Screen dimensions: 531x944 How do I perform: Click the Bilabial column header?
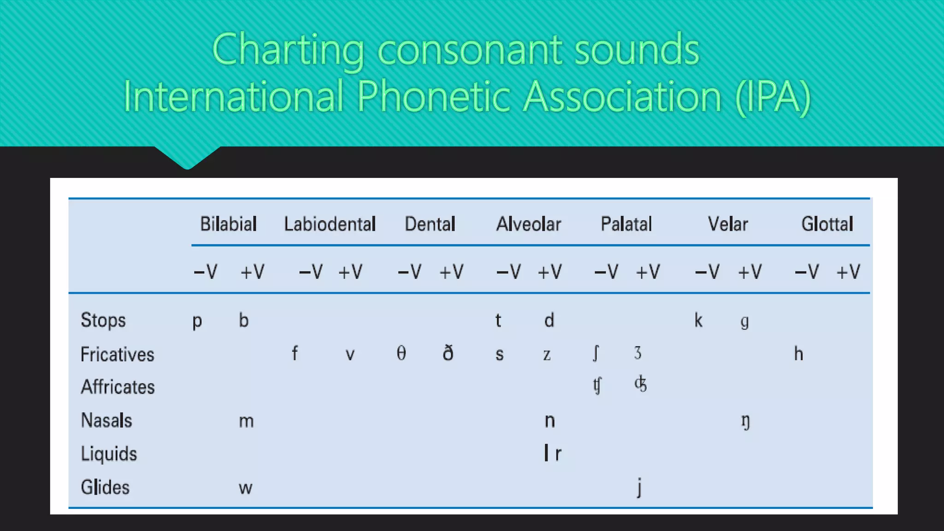point(228,224)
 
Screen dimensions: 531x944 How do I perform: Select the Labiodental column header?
point(330,224)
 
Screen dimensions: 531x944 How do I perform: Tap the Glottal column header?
point(827,224)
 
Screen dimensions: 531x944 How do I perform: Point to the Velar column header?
point(728,224)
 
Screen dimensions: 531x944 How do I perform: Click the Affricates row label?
point(118,387)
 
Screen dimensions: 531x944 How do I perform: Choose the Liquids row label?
point(109,454)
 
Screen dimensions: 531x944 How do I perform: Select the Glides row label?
point(105,487)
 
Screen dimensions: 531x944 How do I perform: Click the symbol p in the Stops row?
point(197,321)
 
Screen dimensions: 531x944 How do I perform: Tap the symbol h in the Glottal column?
point(798,354)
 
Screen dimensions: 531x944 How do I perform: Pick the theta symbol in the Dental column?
point(401,354)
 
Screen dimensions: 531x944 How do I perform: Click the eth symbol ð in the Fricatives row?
point(448,354)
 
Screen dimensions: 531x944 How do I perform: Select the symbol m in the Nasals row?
point(246,421)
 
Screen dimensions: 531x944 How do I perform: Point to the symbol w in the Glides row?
point(245,488)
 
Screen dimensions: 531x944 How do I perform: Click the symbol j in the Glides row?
point(639,488)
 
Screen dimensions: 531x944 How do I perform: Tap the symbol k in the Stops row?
point(698,320)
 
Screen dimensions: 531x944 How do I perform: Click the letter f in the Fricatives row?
point(295,354)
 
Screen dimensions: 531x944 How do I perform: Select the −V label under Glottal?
point(807,272)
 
